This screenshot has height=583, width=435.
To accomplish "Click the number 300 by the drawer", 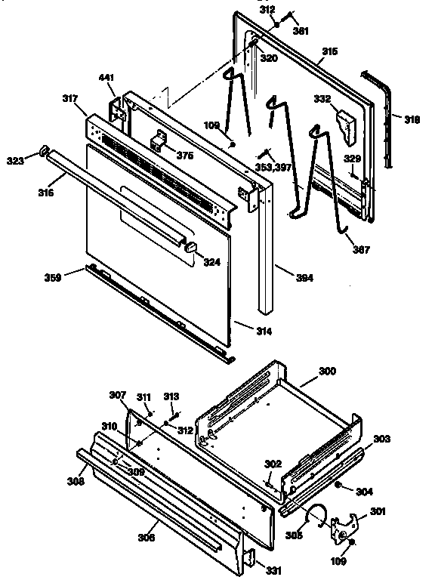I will pyautogui.click(x=327, y=372).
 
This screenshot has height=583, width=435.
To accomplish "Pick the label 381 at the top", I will pyautogui.click(x=301, y=32).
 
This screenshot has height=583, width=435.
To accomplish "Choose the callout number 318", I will pyautogui.click(x=412, y=119).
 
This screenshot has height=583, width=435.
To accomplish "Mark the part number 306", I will pyautogui.click(x=147, y=537).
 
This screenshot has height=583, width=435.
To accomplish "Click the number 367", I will pyautogui.click(x=362, y=249).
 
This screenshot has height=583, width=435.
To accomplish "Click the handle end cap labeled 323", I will pyautogui.click(x=45, y=151).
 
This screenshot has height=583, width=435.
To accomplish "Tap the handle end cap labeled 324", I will pyautogui.click(x=191, y=246).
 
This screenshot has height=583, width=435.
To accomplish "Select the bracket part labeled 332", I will pyautogui.click(x=347, y=126).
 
